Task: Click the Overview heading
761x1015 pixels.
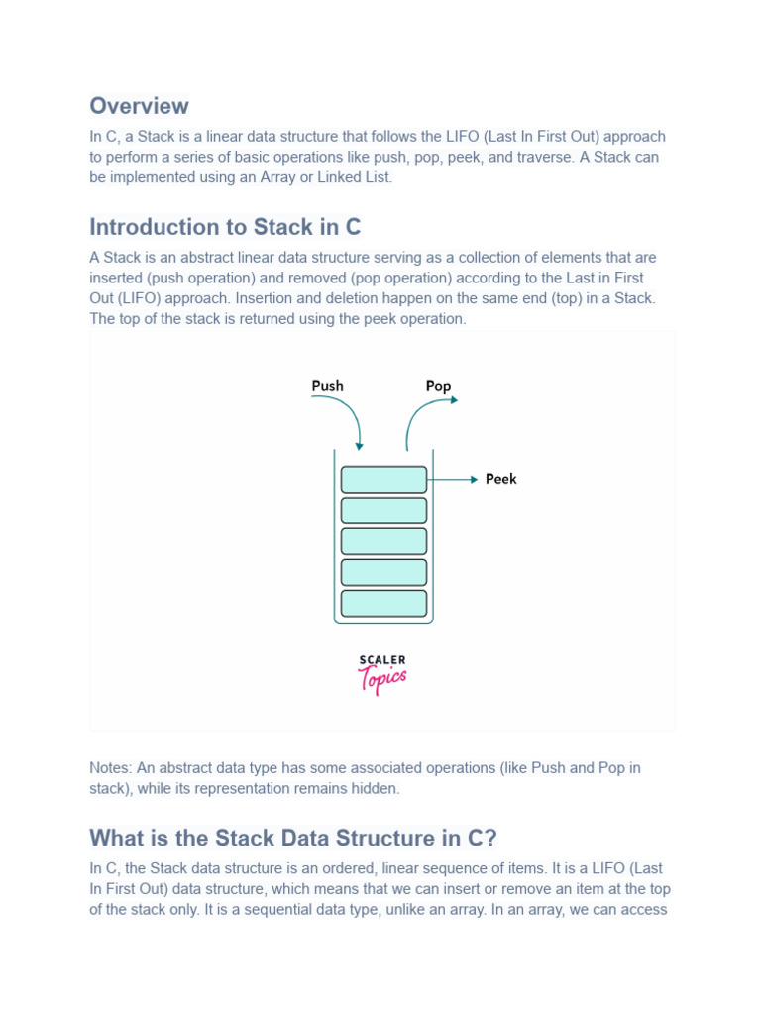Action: [139, 106]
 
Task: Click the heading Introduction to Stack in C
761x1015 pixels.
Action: [225, 227]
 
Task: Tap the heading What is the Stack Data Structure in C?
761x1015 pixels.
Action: [292, 838]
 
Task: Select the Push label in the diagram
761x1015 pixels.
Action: [327, 385]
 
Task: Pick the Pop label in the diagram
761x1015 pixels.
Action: [438, 386]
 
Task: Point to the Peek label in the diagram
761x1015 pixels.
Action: [500, 479]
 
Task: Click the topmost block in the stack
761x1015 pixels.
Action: [383, 480]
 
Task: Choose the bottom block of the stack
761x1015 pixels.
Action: [383, 603]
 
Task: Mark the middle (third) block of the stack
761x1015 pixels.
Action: [383, 541]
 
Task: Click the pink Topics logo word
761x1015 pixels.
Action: [382, 680]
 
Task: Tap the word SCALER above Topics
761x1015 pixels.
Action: [382, 660]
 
